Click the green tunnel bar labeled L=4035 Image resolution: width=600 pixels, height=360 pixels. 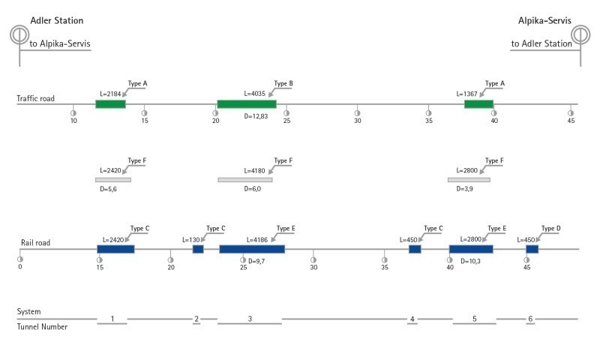pos(246,104)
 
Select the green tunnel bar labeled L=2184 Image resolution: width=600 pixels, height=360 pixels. pos(110,104)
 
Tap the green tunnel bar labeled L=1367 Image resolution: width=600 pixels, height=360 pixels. pos(478,104)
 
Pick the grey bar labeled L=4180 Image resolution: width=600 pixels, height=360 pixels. pos(245,180)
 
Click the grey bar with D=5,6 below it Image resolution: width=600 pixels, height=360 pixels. pos(112,180)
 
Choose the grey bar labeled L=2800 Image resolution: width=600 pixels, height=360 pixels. pos(469,180)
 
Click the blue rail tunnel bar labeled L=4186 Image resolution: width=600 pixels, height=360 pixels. pos(252,249)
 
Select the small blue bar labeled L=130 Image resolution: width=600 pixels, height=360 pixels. pos(198,249)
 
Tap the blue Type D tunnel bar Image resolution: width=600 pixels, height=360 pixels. pos(532,249)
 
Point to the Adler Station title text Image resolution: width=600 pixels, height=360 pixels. pos(57,21)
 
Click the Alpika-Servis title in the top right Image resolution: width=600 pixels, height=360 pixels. pos(544,21)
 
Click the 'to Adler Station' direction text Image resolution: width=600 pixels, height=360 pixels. pos(541,44)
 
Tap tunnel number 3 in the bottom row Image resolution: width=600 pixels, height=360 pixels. pos(250,319)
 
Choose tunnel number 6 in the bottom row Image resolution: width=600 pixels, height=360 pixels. pos(530,319)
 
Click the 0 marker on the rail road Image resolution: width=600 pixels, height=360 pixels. pos(20,266)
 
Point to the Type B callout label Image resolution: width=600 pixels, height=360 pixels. pos(283,83)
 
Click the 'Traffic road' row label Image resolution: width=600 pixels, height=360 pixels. pos(36,99)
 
